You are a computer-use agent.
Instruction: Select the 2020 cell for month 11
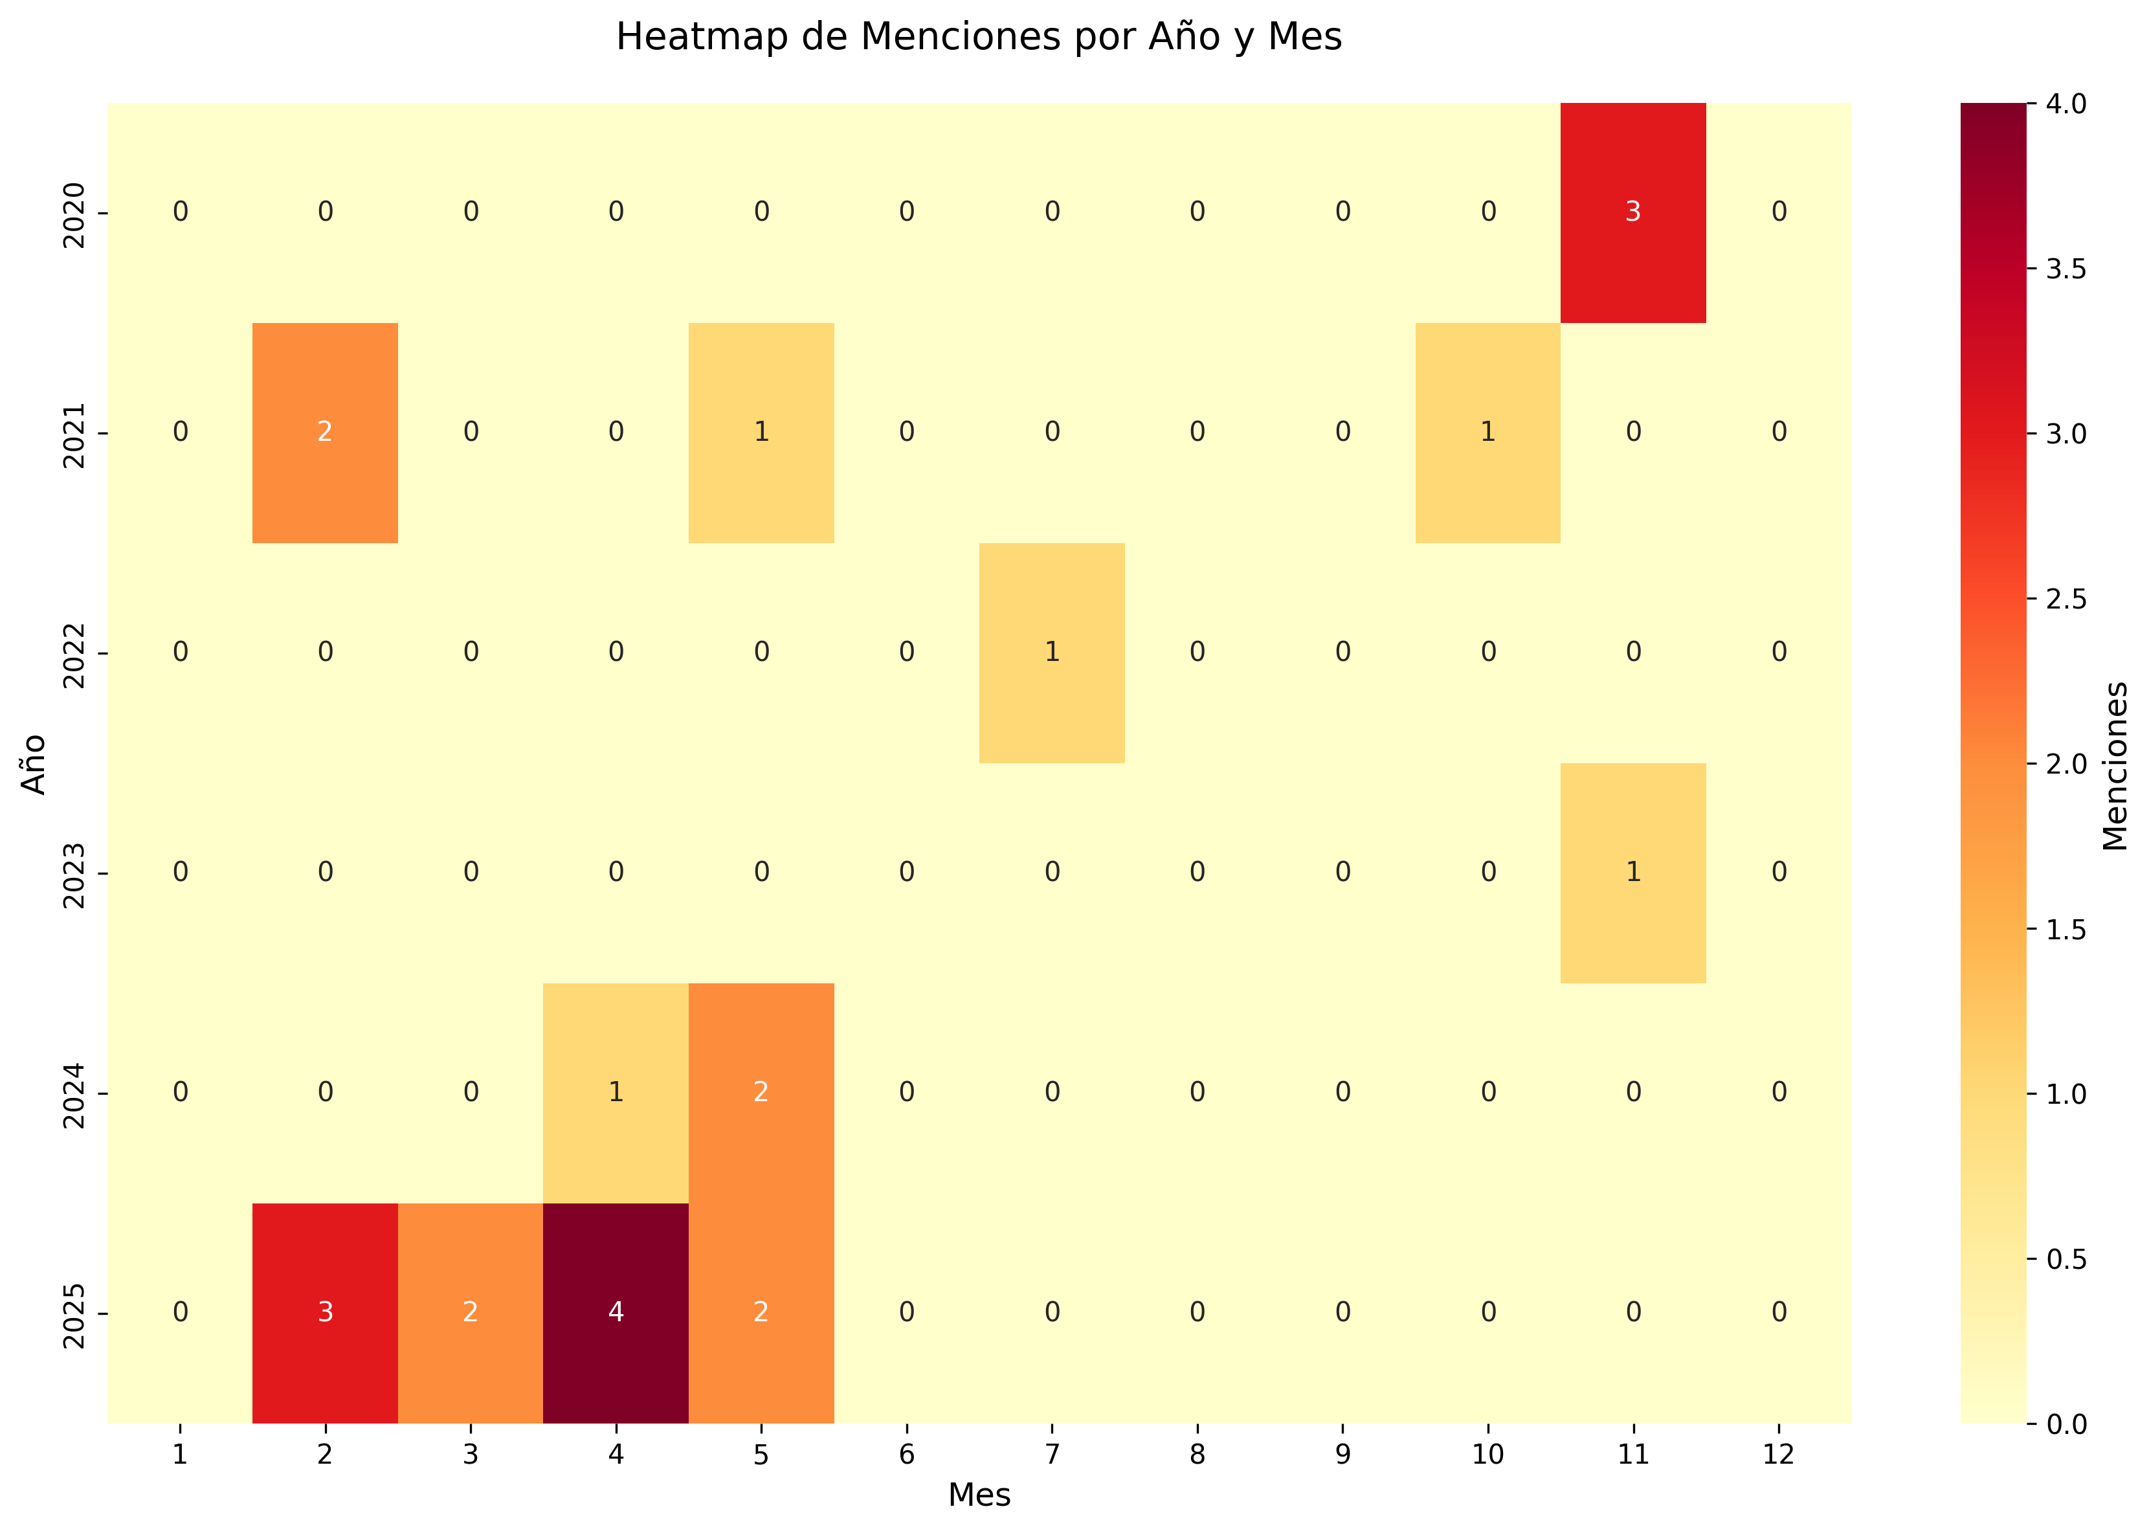tap(1632, 212)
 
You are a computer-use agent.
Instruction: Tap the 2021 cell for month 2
tap(325, 432)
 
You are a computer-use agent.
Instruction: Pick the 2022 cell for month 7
tap(1052, 653)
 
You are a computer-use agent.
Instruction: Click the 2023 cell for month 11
tap(1632, 872)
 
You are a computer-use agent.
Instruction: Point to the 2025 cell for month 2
tap(325, 1312)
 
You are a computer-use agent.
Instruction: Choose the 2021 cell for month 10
tap(1487, 432)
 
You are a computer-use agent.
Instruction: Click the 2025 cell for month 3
tap(471, 1312)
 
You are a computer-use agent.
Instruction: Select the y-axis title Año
tap(34, 764)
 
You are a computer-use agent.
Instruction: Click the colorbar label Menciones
tap(2115, 765)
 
